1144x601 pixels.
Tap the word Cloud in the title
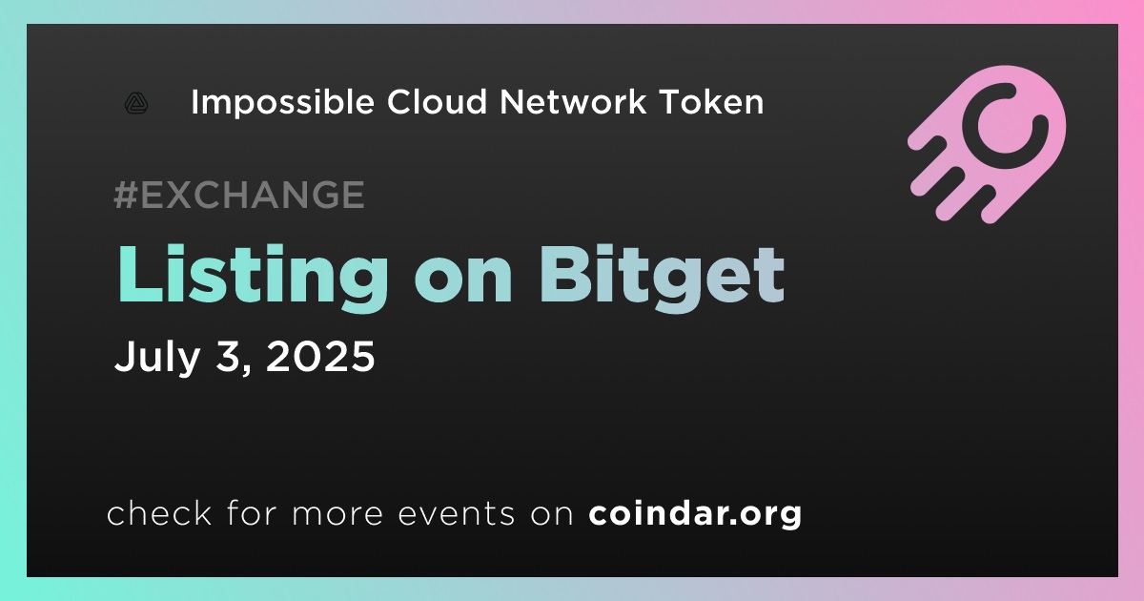click(438, 101)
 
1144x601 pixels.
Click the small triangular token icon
click(136, 103)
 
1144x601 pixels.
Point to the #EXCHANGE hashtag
click(239, 195)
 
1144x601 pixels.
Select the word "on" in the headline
click(463, 282)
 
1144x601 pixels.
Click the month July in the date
click(157, 358)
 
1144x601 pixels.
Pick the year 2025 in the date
click(320, 356)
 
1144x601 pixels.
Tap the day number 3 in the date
click(233, 357)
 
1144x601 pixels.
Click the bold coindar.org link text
click(695, 514)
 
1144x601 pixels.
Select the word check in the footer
click(159, 512)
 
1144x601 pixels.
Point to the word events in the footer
click(457, 513)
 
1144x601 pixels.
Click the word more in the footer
click(337, 514)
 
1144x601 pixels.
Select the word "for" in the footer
click(252, 512)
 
